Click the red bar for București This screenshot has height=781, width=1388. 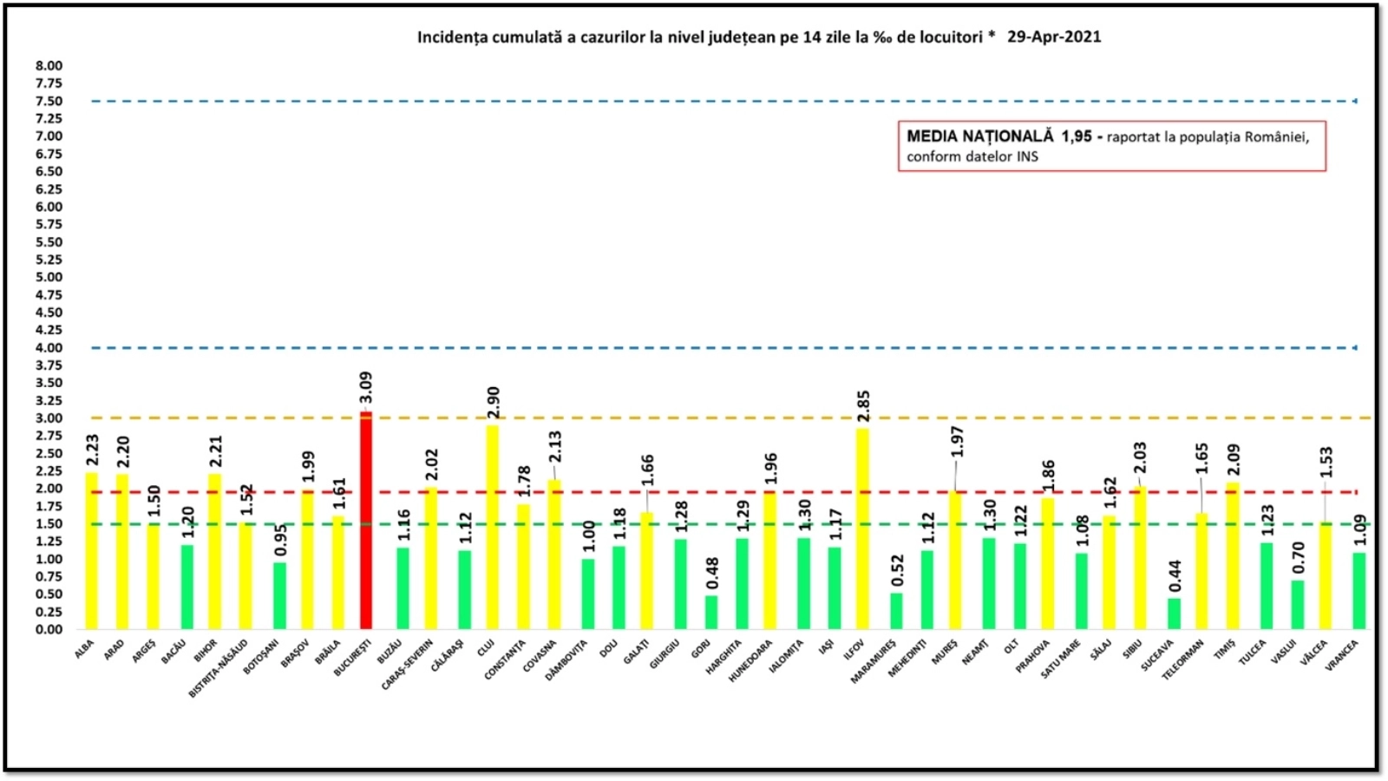pyautogui.click(x=366, y=521)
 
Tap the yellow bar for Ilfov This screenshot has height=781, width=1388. pyautogui.click(x=861, y=528)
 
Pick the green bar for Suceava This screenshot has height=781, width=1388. pyautogui.click(x=1174, y=614)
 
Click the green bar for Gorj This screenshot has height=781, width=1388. pyautogui.click(x=711, y=612)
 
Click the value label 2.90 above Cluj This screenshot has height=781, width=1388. pyautogui.click(x=493, y=403)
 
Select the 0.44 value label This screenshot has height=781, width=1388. pyautogui.click(x=1175, y=575)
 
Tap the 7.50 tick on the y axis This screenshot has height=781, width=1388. pyautogui.click(x=49, y=101)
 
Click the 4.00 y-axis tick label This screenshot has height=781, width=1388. pyautogui.click(x=49, y=347)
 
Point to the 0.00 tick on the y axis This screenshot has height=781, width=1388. pyautogui.click(x=49, y=629)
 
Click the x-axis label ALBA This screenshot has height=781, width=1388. pyautogui.click(x=84, y=649)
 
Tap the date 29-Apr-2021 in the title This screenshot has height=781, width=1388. pyautogui.click(x=1054, y=36)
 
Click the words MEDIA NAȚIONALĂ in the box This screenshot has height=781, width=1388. pyautogui.click(x=979, y=136)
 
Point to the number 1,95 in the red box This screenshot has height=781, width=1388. pyautogui.click(x=1077, y=136)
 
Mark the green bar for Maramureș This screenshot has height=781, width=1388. pyautogui.click(x=896, y=611)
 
